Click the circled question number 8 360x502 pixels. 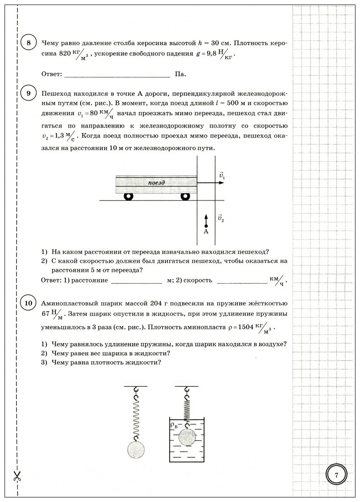29,43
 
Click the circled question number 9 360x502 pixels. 29,94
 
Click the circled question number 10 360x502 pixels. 29,303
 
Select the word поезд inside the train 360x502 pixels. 156,182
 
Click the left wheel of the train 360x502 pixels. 128,196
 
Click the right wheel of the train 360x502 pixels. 185,196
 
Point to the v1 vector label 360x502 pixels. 222,175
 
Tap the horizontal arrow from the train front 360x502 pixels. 211,183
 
